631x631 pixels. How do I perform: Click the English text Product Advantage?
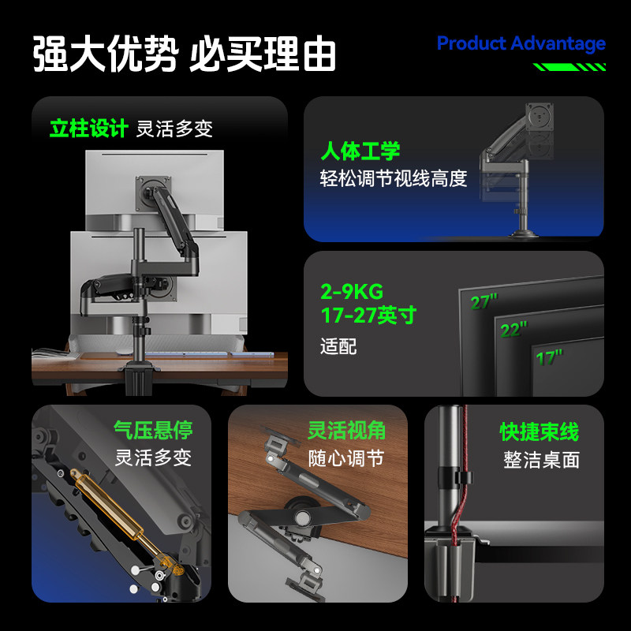521,44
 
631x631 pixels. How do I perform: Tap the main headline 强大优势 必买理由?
185,54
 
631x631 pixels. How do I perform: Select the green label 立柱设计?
89,129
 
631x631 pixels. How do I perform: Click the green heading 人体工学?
360,151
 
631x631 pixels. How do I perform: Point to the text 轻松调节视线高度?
394,178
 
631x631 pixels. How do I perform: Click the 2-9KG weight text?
352,292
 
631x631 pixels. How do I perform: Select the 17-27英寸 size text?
368,315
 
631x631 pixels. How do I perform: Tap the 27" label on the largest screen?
484,302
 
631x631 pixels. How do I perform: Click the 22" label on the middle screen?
513,330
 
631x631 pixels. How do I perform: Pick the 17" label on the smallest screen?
549,358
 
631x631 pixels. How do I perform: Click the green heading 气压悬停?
153,430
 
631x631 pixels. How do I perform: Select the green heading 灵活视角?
346,430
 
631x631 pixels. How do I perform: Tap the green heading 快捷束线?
540,431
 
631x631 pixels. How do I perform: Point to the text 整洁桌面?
542,460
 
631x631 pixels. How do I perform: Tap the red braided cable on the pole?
461,503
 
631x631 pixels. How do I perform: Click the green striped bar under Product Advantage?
569,67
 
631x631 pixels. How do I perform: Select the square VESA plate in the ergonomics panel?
540,117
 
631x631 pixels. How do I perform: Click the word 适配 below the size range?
338,346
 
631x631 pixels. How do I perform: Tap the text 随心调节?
346,458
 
